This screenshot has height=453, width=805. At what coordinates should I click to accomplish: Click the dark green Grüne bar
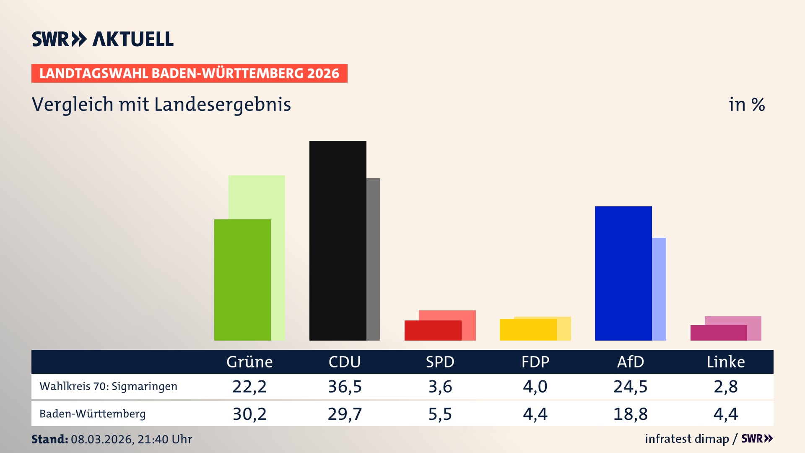(242, 280)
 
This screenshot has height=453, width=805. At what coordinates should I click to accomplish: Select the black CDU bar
(338, 240)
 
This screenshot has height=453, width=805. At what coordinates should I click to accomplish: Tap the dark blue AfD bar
(623, 273)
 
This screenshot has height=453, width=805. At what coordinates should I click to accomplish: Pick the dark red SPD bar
(433, 331)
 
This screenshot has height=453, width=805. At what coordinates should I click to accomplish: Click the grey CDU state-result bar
(373, 259)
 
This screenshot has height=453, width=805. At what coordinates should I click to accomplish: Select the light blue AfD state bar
(659, 289)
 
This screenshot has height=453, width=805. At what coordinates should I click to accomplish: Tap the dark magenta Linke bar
(718, 333)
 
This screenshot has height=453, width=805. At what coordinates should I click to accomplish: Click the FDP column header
(535, 362)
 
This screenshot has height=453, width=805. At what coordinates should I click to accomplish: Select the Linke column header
(725, 362)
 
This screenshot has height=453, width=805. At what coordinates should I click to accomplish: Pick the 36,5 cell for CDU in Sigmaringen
(345, 386)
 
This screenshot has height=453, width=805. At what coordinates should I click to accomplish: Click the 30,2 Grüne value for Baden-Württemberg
(249, 414)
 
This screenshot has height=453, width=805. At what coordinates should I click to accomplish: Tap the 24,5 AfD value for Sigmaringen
(630, 386)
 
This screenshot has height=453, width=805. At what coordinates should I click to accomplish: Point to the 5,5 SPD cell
(440, 414)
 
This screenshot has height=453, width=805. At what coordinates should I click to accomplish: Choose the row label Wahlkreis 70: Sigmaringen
(108, 386)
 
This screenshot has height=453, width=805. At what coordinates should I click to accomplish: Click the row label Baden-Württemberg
(92, 414)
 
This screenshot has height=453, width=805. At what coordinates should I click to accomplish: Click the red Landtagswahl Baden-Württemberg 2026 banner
(189, 73)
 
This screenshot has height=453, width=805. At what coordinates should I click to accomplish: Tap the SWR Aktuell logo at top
(103, 39)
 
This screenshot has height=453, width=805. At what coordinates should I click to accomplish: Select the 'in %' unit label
(746, 104)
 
